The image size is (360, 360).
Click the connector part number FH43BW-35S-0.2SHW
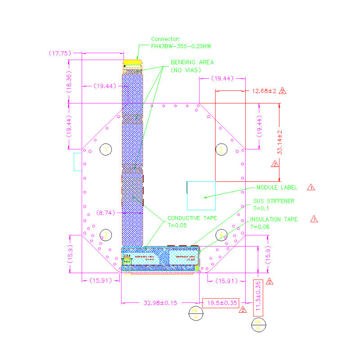tap(181, 46)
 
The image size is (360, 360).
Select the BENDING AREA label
tap(192, 62)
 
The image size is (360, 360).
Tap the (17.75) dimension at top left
tap(60, 53)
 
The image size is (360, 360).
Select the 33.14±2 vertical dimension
tap(279, 143)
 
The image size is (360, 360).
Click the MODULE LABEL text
tap(279, 188)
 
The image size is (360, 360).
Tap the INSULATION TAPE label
tap(274, 219)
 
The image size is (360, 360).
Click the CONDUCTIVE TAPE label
tap(192, 218)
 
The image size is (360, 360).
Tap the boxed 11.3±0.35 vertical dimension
tap(258, 297)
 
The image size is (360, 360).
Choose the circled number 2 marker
tap(220, 149)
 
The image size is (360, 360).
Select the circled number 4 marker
tap(221, 234)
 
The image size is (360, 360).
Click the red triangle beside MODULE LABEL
tap(310, 187)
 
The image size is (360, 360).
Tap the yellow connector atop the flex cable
tap(132, 62)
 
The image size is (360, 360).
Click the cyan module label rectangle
tap(201, 196)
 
